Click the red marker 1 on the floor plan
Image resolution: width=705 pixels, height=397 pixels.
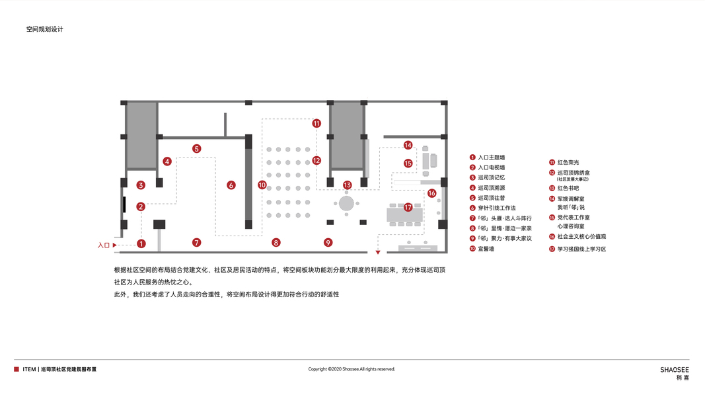pos(141,243)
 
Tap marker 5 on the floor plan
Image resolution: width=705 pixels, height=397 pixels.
pos(197,149)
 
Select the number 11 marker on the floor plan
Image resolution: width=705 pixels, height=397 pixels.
pos(316,123)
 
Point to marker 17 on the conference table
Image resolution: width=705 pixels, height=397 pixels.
pos(408,207)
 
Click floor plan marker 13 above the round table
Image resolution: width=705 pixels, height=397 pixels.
pos(348,185)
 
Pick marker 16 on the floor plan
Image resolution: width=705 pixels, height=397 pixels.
pos(431,193)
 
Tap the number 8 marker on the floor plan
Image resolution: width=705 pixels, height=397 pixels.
pos(276,243)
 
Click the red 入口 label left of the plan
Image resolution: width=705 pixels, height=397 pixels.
pos(104,245)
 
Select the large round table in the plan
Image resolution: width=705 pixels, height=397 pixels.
pos(347,203)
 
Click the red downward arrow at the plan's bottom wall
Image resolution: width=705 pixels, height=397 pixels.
pos(378,252)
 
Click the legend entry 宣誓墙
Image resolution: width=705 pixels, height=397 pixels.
pos(486,249)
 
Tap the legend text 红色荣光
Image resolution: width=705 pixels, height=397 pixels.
pos(568,162)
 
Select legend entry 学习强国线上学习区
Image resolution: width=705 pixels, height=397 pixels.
pos(581,249)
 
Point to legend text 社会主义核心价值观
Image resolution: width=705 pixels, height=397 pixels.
pos(581,236)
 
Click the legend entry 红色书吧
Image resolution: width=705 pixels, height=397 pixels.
pos(568,188)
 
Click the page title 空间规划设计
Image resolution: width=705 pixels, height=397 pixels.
pos(45,29)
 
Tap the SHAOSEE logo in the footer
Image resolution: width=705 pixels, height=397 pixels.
pos(675,369)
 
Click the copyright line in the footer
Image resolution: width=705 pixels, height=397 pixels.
pos(352,369)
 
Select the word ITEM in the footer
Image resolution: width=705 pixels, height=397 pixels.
pos(29,369)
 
